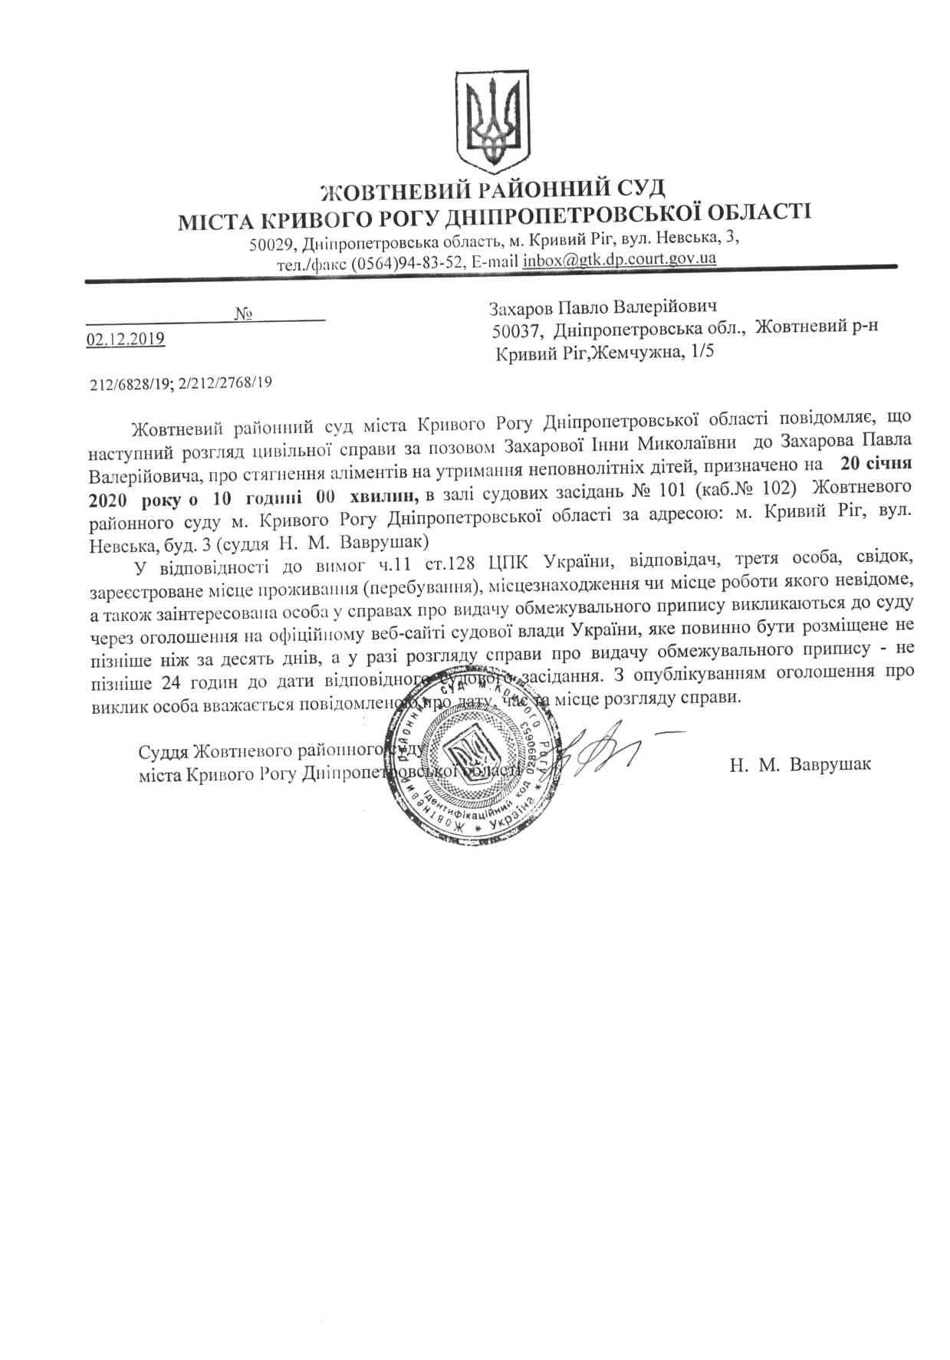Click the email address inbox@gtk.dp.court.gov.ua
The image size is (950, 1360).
coord(620,260)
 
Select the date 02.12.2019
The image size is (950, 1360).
coord(126,338)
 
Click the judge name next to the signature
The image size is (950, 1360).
coord(800,764)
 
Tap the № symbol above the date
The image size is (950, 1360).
coord(245,313)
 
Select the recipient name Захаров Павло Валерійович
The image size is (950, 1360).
coord(603,307)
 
